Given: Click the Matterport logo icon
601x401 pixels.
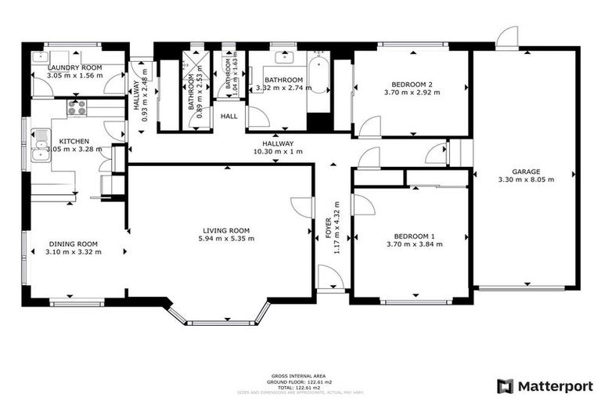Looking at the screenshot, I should click(506, 385).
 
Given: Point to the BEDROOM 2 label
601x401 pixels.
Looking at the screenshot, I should click(412, 85).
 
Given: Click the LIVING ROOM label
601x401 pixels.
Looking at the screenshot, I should click(225, 229).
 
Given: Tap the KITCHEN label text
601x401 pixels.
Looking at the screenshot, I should click(74, 141).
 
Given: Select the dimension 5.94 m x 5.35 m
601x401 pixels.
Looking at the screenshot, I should click(225, 239).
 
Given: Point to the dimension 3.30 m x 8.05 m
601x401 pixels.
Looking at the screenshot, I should click(525, 179).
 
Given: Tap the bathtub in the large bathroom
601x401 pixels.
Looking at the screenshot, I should click(318, 85).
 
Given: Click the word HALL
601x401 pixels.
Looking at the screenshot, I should click(229, 116).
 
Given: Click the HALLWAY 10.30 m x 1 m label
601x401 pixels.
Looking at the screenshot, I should click(278, 147).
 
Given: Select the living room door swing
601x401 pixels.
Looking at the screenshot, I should click(301, 207).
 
